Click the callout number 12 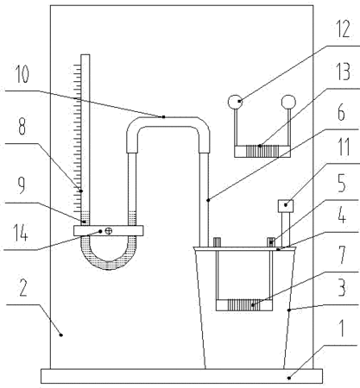click(x=344, y=29)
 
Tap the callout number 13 click(x=344, y=72)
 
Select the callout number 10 click(x=22, y=74)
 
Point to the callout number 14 click(x=21, y=233)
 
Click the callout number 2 click(x=22, y=287)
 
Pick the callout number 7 click(x=342, y=254)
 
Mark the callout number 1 click(x=342, y=328)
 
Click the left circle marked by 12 click(x=236, y=102)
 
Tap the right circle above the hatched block click(x=288, y=102)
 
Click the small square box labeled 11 click(x=286, y=206)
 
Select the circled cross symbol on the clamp click(x=109, y=231)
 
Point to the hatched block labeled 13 click(x=262, y=152)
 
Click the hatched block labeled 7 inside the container click(x=244, y=305)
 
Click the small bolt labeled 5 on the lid click(x=271, y=242)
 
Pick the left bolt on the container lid click(x=217, y=242)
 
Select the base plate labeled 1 click(x=181, y=376)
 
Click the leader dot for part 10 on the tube click(x=163, y=116)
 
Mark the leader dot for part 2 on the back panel click(x=60, y=335)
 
